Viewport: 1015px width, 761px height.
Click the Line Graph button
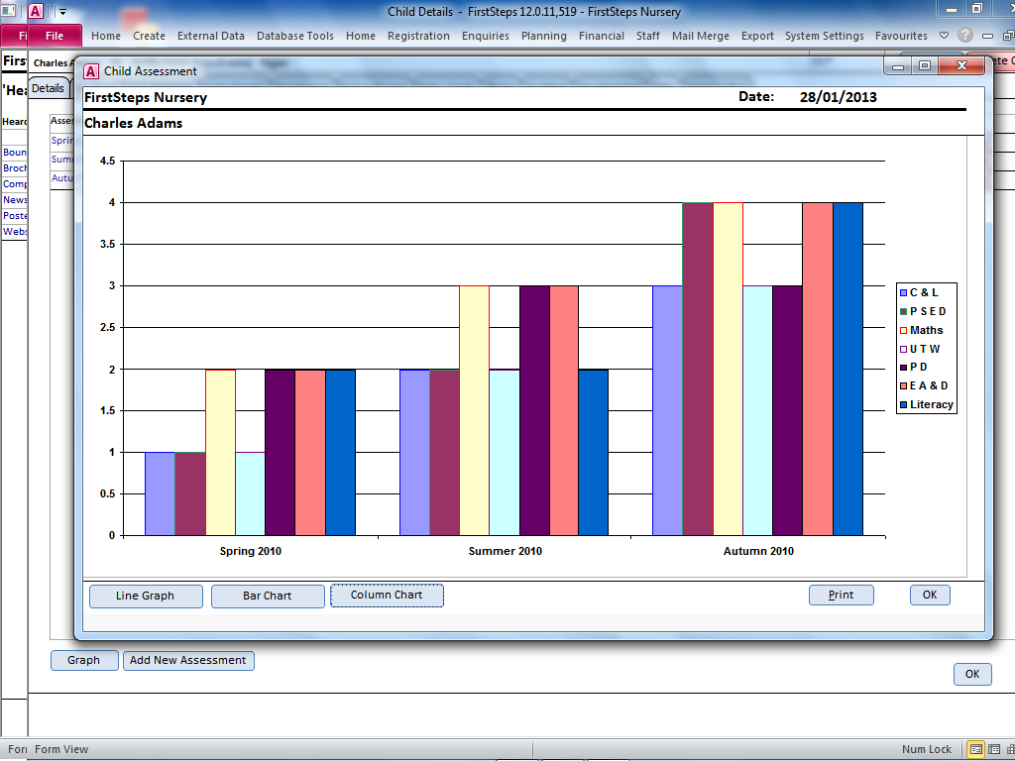(x=146, y=596)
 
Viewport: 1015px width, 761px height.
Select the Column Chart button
(x=387, y=596)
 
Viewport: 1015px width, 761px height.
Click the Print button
(x=841, y=595)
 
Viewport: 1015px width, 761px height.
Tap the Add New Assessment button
(x=188, y=660)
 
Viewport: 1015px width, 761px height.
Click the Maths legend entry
(x=926, y=330)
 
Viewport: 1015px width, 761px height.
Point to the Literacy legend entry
(x=931, y=404)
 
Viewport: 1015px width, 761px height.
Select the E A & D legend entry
(x=928, y=385)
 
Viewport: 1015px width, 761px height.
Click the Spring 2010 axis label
(x=251, y=551)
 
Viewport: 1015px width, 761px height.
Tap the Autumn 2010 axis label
(x=757, y=551)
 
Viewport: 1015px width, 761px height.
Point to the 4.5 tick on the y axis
(x=107, y=161)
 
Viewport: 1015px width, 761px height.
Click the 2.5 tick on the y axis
(x=107, y=327)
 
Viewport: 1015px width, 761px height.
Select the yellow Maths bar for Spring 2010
(x=220, y=452)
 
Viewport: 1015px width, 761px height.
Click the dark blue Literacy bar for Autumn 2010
(x=847, y=369)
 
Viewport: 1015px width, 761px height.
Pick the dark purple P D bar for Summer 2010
(x=534, y=410)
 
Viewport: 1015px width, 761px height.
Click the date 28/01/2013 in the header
(x=838, y=97)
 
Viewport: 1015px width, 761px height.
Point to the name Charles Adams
(x=133, y=124)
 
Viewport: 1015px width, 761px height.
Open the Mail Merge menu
(x=700, y=36)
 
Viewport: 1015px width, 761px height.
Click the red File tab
(x=55, y=36)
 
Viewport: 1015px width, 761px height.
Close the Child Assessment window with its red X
(x=960, y=66)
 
